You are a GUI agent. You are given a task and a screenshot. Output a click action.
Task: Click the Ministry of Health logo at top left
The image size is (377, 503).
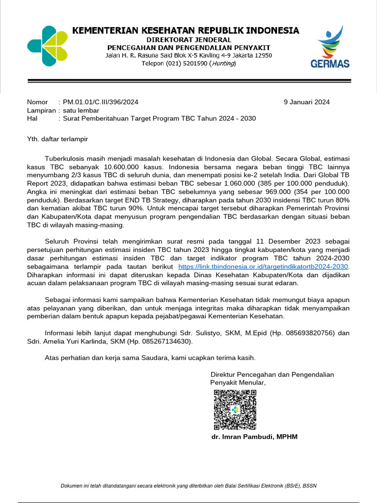pyautogui.click(x=47, y=46)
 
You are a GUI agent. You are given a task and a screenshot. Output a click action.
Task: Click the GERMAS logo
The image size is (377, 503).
pyautogui.click(x=329, y=48)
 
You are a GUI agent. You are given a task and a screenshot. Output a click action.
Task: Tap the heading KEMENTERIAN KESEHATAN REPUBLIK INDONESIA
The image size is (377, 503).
pyautogui.click(x=186, y=30)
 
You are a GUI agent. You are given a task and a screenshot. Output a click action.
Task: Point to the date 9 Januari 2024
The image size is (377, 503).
pyautogui.click(x=307, y=102)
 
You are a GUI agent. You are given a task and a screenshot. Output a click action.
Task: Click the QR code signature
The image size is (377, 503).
pyautogui.click(x=235, y=410)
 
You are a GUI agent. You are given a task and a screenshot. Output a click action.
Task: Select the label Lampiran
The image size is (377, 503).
pyautogui.click(x=41, y=111)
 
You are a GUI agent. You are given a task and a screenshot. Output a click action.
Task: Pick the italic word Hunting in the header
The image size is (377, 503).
pyautogui.click(x=222, y=63)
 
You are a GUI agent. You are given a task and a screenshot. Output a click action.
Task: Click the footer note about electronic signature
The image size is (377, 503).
pyautogui.click(x=188, y=486)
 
